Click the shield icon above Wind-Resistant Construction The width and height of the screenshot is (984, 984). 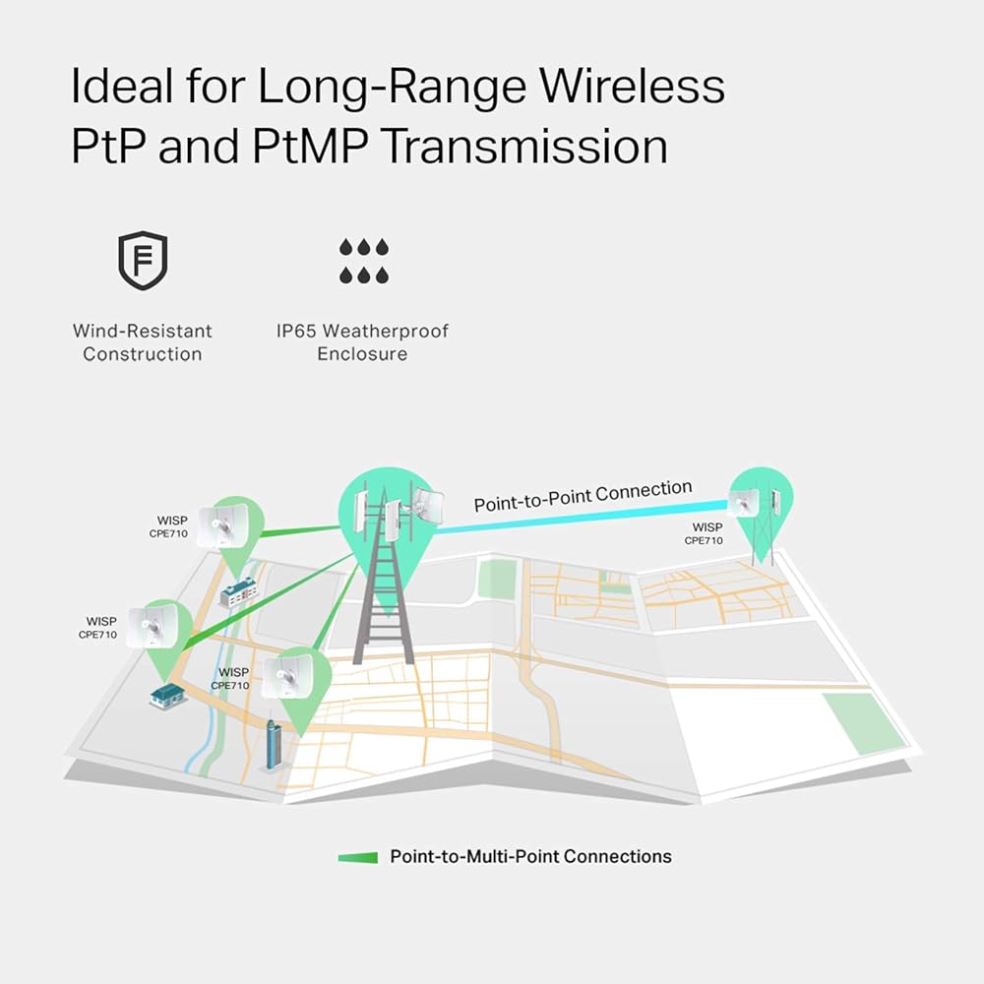click(142, 260)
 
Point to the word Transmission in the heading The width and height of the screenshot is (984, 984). click(523, 146)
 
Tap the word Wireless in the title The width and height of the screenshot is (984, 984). click(643, 87)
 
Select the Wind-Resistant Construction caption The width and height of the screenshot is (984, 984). click(142, 342)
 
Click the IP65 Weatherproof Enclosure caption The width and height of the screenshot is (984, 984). click(361, 342)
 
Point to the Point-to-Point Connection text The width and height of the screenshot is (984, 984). click(583, 496)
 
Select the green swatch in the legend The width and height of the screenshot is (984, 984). click(357, 857)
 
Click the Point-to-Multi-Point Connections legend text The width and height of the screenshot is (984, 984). click(530, 857)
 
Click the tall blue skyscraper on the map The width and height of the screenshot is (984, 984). click(275, 746)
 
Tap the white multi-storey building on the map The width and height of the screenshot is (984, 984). click(237, 592)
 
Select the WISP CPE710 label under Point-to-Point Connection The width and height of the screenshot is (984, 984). click(704, 534)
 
